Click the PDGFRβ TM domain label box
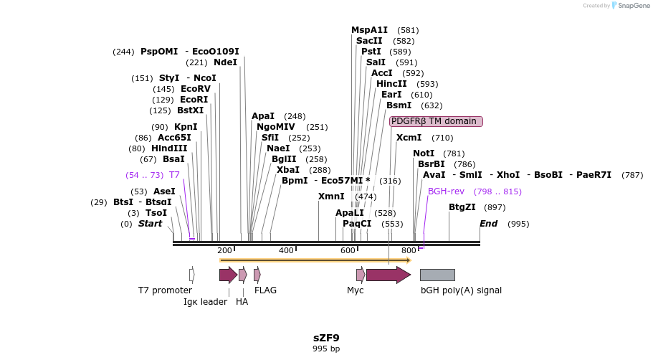point(436,121)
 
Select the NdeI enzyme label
point(225,62)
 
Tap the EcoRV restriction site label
point(196,89)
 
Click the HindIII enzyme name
point(169,148)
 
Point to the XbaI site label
point(288,170)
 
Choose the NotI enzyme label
point(424,153)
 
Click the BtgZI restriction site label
point(462,207)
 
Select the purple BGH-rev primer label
point(446,191)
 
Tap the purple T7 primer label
point(174,175)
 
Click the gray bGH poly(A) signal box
point(437,275)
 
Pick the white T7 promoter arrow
point(192,275)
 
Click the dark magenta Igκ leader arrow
point(228,275)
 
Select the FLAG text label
point(265,290)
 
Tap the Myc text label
point(356,290)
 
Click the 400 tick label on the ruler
point(286,250)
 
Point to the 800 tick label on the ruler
point(409,250)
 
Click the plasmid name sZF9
point(326,338)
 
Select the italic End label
point(488,224)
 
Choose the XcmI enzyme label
point(409,138)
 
